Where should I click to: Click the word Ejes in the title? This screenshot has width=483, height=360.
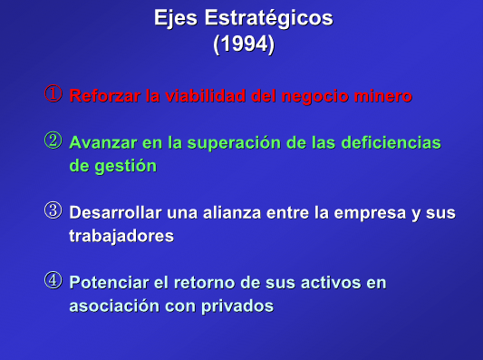point(176,18)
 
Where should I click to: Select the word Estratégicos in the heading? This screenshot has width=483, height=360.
point(269,18)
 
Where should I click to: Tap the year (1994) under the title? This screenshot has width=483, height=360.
point(244,44)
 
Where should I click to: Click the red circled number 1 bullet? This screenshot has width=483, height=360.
point(53,93)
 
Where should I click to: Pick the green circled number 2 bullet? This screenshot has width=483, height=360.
point(53,141)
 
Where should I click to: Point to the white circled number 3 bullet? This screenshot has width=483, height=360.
point(53,210)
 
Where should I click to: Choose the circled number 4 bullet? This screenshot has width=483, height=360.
point(53,280)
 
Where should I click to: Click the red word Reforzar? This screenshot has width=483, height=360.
point(105,95)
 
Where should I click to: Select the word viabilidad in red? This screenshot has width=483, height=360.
point(206,95)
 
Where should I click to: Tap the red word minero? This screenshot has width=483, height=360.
point(383,95)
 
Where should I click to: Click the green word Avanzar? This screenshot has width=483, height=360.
point(103,142)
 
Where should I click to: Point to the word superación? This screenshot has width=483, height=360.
point(234,143)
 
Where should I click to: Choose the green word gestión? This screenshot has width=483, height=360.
point(126,167)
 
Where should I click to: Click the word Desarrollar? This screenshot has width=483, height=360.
point(115,213)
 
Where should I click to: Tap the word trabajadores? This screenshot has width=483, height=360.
point(121,237)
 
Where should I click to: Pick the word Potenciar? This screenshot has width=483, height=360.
point(110,283)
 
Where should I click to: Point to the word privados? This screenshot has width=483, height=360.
point(237,306)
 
